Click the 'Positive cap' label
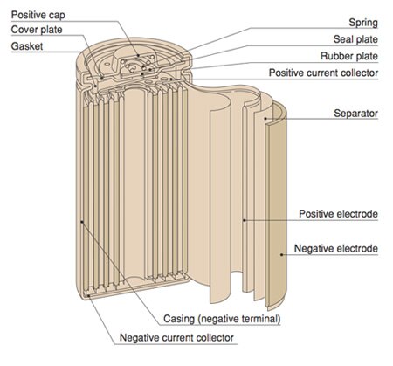38,15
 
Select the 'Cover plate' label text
37,30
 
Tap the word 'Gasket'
27,46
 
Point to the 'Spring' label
363,23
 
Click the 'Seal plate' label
355,39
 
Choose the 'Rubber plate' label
349,56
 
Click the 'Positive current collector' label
323,73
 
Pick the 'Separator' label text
355,114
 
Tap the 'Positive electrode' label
338,214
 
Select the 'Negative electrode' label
336,248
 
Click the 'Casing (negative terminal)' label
222,319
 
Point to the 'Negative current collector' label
176,338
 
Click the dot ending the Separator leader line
265,119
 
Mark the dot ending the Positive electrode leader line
245,220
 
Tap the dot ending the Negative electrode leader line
281,254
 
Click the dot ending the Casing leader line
82,222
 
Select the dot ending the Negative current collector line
89,295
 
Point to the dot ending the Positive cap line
139,55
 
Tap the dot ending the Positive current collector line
171,79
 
